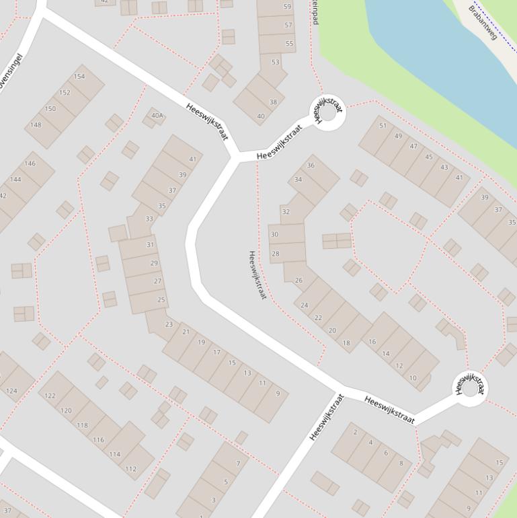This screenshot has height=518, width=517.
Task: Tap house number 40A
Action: (x=157, y=116)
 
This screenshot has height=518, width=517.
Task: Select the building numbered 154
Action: (x=79, y=77)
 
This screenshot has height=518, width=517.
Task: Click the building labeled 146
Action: (x=30, y=163)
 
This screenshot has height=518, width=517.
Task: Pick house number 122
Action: (x=50, y=396)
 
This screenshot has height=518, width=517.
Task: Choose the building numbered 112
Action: (x=131, y=469)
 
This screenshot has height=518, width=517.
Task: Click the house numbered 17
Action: (x=216, y=352)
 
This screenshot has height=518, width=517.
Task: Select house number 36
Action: (x=311, y=165)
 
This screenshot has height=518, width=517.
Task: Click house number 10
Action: (x=413, y=378)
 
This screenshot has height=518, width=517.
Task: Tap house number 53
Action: (x=275, y=62)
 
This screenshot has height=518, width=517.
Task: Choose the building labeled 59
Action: (x=288, y=7)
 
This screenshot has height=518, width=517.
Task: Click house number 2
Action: (x=355, y=432)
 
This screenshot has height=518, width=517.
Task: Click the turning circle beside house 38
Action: (x=327, y=113)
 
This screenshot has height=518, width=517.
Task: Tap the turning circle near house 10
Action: (x=469, y=387)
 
